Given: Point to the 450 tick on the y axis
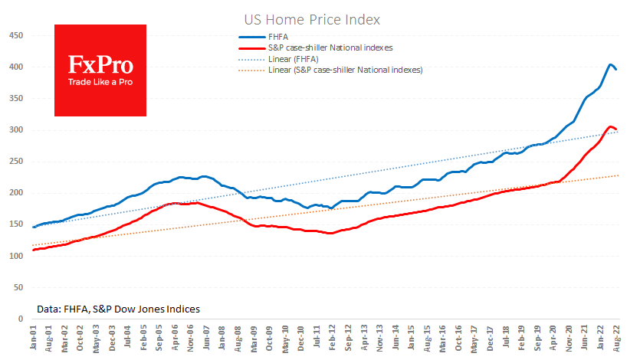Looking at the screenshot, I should pyautogui.click(x=14, y=35).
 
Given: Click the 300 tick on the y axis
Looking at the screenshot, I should pyautogui.click(x=14, y=130).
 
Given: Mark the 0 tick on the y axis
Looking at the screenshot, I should pyautogui.click(x=18, y=319).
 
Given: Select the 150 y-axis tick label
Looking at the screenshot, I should pyautogui.click(x=14, y=224).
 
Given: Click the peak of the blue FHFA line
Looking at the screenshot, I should pyautogui.click(x=610, y=64).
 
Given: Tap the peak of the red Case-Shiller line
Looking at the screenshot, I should pyautogui.click(x=610, y=126).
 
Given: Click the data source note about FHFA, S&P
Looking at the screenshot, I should pyautogui.click(x=118, y=309).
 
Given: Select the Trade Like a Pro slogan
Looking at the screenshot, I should pyautogui.click(x=100, y=81).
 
